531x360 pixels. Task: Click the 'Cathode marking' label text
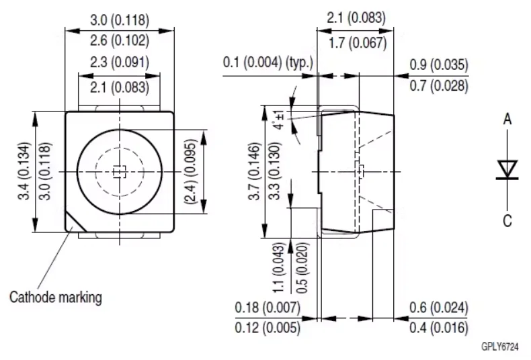56,298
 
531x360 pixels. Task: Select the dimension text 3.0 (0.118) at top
120,20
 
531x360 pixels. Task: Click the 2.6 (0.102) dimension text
120,40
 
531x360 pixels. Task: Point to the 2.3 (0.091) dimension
120,62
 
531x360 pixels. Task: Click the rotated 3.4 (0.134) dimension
24,171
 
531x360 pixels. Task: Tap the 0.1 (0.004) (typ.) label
268,62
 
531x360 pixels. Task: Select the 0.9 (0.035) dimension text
439,64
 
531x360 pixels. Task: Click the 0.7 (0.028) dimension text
439,85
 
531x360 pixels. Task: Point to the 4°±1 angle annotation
280,120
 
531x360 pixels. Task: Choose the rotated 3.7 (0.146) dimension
255,171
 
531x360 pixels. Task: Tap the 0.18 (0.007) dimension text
268,308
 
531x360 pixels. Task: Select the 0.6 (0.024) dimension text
438,308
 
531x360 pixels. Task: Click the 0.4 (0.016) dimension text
438,328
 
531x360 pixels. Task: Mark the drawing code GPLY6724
500,347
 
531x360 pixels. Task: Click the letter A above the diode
507,119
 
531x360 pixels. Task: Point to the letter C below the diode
507,221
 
